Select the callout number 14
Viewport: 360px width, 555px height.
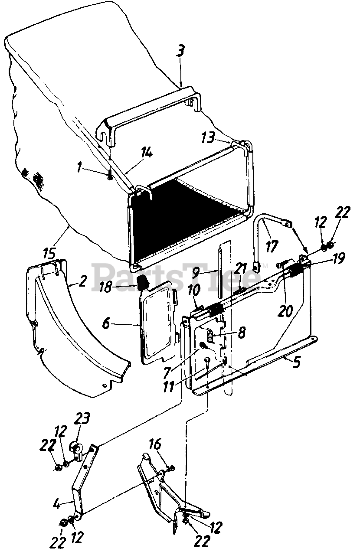tap(147, 152)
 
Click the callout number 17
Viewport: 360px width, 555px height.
tap(272, 246)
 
